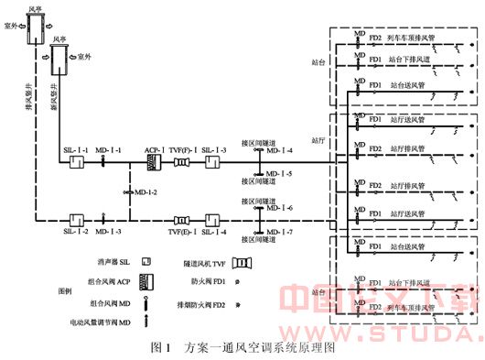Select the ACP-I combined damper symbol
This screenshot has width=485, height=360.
tap(155, 164)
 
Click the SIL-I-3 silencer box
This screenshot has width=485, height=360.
tap(213, 164)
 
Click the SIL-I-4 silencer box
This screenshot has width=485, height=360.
tap(213, 221)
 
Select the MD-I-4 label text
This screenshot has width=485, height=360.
tap(280, 151)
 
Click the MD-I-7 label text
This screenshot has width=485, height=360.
tap(280, 233)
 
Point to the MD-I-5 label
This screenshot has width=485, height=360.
tap(280, 173)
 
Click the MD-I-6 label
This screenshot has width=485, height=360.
tap(280, 209)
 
